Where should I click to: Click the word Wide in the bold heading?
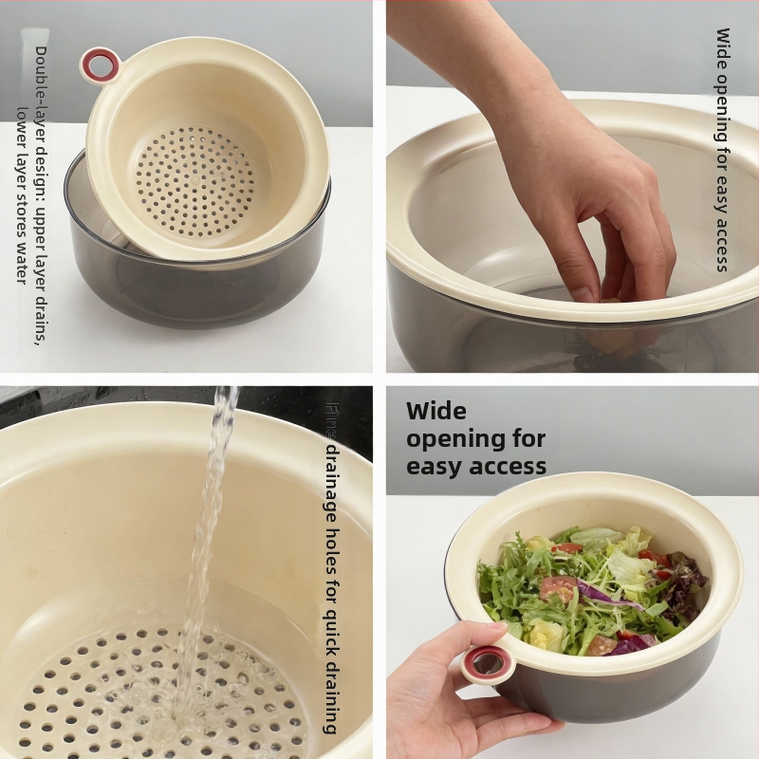coord(436,411)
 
